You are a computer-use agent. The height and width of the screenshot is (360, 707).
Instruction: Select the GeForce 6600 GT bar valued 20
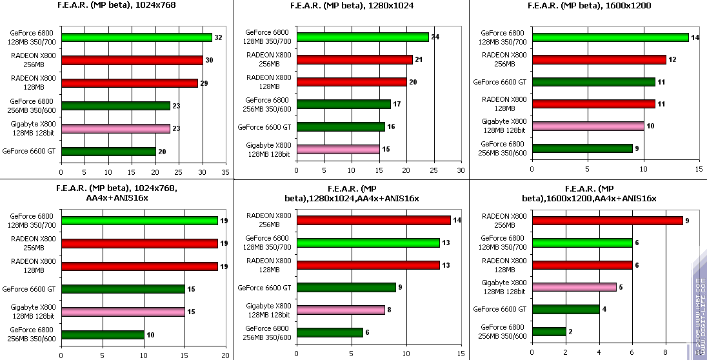pyautogui.click(x=108, y=152)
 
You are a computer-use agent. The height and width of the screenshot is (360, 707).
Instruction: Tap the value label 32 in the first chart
pyautogui.click(x=218, y=37)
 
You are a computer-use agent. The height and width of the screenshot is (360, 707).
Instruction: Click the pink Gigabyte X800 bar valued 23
pyautogui.click(x=115, y=128)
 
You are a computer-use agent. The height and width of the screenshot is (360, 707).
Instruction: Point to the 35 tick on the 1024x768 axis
pyautogui.click(x=225, y=172)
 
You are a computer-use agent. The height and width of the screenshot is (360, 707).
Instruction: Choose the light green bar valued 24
pyautogui.click(x=363, y=37)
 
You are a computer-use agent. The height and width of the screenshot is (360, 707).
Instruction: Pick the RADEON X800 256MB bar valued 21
pyautogui.click(x=354, y=59)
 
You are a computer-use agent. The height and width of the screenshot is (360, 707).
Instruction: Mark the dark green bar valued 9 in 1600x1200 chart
pyautogui.click(x=583, y=148)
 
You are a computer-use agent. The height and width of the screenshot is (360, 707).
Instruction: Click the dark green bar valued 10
pyautogui.click(x=103, y=335)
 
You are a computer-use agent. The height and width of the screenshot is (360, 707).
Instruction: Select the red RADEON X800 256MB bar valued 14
pyautogui.click(x=373, y=221)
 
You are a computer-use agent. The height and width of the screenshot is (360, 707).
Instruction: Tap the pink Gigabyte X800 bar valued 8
pyautogui.click(x=341, y=310)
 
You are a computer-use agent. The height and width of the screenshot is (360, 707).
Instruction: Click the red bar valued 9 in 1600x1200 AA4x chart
pyautogui.click(x=607, y=221)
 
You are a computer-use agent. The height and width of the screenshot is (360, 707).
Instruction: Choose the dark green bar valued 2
pyautogui.click(x=549, y=332)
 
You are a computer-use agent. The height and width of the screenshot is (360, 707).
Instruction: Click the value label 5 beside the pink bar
pyautogui.click(x=621, y=287)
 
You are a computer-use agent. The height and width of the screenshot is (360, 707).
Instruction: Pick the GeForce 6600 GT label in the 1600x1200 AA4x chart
pyautogui.click(x=500, y=309)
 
